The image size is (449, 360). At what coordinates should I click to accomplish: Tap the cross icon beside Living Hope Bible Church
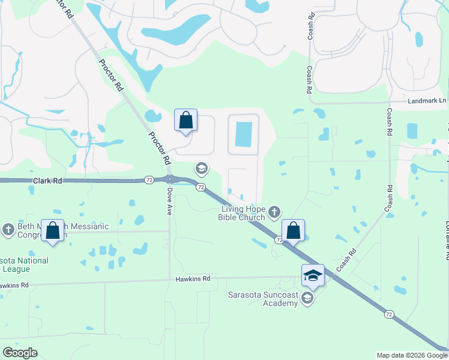[274, 211]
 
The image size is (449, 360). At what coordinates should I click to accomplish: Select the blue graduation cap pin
[313, 275]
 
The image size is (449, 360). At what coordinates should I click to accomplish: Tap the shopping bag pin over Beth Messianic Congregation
[53, 231]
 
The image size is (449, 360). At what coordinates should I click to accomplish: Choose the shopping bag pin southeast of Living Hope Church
[293, 230]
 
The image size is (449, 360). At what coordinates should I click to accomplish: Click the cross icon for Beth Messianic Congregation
[8, 229]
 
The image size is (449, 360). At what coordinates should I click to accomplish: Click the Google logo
[20, 353]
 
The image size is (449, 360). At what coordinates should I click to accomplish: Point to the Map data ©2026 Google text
[411, 355]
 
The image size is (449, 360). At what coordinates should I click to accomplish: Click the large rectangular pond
[244, 134]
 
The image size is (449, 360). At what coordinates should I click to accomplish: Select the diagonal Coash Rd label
[347, 260]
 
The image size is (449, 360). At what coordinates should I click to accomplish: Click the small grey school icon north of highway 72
[202, 169]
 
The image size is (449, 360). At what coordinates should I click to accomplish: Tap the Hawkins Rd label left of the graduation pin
[193, 279]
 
